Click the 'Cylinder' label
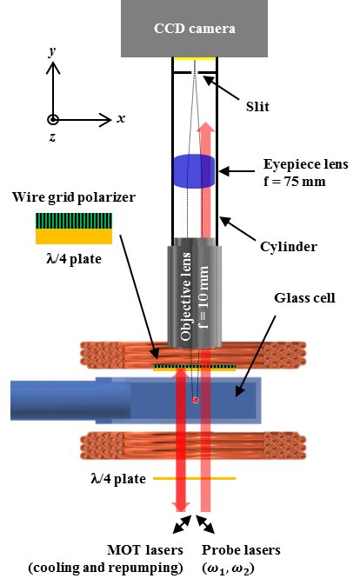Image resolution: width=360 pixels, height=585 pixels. point(286,246)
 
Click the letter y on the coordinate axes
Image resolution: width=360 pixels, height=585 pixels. point(53,52)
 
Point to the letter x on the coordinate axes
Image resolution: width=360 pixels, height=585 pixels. point(121,117)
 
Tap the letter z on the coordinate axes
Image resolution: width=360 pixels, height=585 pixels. point(52,137)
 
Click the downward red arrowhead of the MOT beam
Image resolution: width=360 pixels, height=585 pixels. point(181,506)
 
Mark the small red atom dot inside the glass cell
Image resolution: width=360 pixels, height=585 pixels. point(196,399)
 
